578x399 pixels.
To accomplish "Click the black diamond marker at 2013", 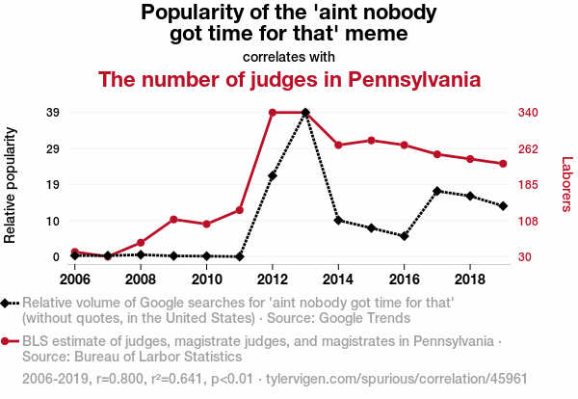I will click(305, 113).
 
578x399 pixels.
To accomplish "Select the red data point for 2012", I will click(273, 113).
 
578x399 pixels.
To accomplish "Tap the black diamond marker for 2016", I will click(405, 236).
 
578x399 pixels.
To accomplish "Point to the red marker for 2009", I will click(173, 220).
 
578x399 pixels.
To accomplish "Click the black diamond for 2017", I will click(437, 191).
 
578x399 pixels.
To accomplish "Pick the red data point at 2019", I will click(503, 164).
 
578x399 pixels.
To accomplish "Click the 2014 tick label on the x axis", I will click(338, 279).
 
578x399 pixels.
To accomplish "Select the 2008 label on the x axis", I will click(141, 279).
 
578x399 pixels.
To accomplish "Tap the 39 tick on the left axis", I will click(54, 113).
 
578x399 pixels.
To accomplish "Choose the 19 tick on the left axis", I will click(54, 184).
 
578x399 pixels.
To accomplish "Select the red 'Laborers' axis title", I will click(566, 184).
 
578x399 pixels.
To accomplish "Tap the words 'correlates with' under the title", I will click(289, 56).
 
